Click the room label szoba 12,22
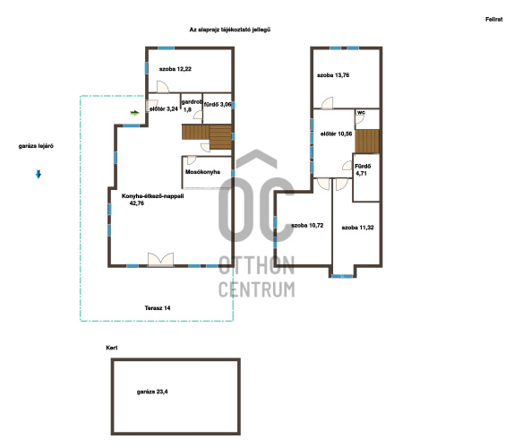pyautogui.click(x=175, y=69)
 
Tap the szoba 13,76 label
pyautogui.click(x=333, y=75)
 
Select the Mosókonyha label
pyautogui.click(x=202, y=172)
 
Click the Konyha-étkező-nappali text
pyautogui.click(x=152, y=196)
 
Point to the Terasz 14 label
pyautogui.click(x=158, y=308)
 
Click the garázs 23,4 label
pyautogui.click(x=152, y=392)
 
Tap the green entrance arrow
pyautogui.click(x=134, y=113)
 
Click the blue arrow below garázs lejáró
pyautogui.click(x=39, y=174)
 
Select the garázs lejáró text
pyautogui.click(x=36, y=146)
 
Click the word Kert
pyautogui.click(x=111, y=348)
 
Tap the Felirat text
pyautogui.click(x=493, y=20)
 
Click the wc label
pyautogui.click(x=361, y=112)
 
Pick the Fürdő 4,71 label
pyautogui.click(x=363, y=170)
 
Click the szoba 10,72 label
pyautogui.click(x=307, y=225)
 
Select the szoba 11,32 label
pyautogui.click(x=357, y=228)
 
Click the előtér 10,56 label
pyautogui.click(x=337, y=134)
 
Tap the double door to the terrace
pyautogui.click(x=160, y=259)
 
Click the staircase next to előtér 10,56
pyautogui.click(x=367, y=141)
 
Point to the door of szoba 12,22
pyautogui.click(x=163, y=87)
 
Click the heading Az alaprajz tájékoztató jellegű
pyautogui.click(x=230, y=30)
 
